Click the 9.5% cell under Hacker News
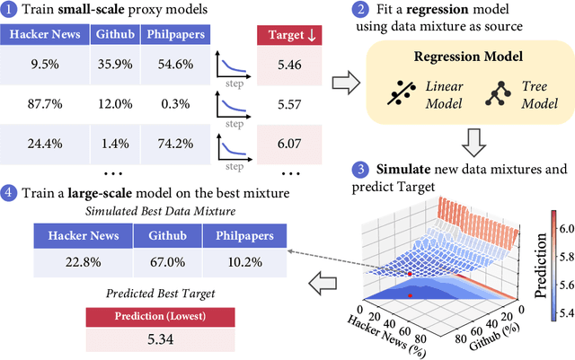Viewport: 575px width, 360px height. pyautogui.click(x=44, y=65)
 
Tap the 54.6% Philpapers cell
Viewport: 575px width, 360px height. pyautogui.click(x=177, y=65)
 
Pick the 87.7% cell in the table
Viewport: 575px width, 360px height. pyautogui.click(x=44, y=105)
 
